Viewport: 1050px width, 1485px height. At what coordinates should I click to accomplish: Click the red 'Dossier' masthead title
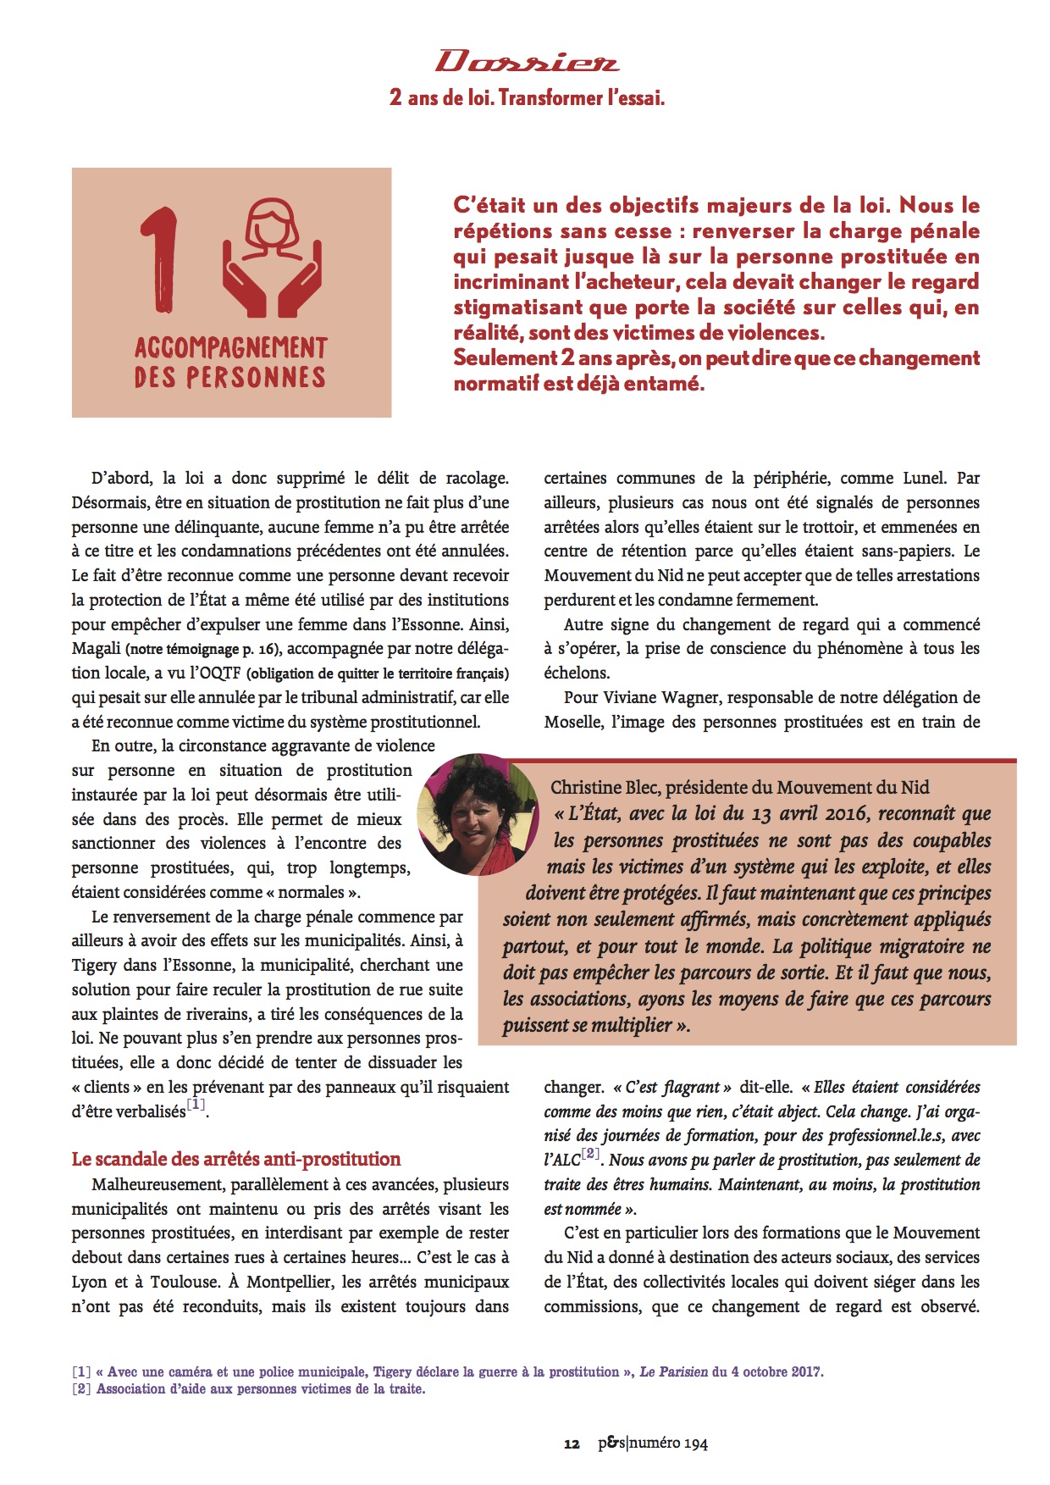click(x=527, y=61)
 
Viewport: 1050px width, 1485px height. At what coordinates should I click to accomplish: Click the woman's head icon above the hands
click(x=273, y=226)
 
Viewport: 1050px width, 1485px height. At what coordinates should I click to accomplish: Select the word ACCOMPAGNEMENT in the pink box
click(x=230, y=347)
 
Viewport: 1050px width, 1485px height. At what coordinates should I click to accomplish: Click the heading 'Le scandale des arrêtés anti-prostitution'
click(x=236, y=1159)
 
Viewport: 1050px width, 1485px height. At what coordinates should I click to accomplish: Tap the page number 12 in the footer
click(x=572, y=1443)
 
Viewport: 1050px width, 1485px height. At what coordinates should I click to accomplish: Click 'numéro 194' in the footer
click(x=669, y=1443)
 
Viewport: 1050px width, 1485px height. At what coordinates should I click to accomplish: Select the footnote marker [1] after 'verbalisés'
click(x=196, y=1105)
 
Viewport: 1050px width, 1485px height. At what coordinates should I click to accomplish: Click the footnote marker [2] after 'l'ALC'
click(x=590, y=1154)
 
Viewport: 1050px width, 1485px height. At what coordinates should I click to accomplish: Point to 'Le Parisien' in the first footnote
click(x=673, y=1371)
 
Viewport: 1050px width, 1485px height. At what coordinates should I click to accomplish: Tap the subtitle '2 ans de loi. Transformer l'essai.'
click(x=527, y=97)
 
